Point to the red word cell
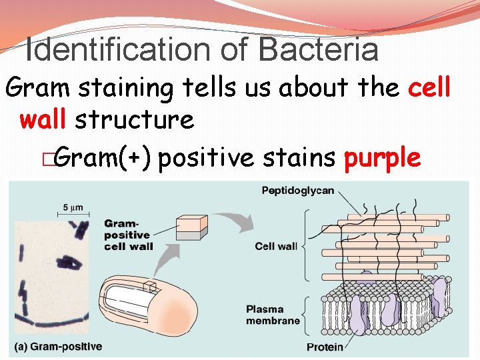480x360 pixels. pos(429,87)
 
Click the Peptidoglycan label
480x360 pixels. pos(297,191)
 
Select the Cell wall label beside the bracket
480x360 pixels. pos(276,246)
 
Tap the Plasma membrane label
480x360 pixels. pos(273,315)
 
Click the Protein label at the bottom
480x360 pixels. pos(325,347)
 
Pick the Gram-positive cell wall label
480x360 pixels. pos(128,235)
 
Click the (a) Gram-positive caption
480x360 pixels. pos(59,347)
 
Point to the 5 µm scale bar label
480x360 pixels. pos(73,207)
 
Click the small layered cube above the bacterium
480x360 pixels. pos(193,227)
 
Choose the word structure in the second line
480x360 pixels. pos(134,120)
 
